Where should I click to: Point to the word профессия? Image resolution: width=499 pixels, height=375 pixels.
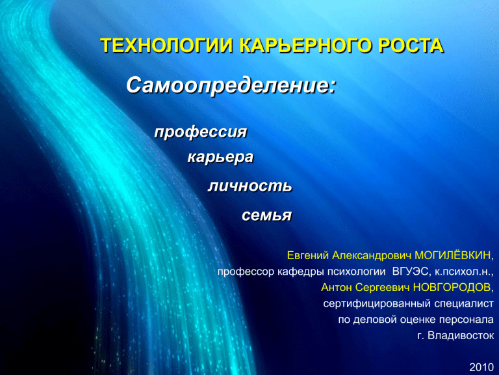[x=201, y=132]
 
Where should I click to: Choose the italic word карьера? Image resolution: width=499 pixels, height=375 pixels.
[x=220, y=157]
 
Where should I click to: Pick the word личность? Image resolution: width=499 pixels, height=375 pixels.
[x=250, y=186]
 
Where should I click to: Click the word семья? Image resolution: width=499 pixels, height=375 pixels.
[x=266, y=215]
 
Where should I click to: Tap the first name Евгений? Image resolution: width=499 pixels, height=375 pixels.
[x=308, y=255]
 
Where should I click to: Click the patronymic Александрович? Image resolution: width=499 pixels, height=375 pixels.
[x=372, y=255]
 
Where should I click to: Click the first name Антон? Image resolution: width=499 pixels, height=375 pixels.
[x=337, y=287]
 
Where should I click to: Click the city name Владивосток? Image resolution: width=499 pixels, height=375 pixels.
[x=461, y=335]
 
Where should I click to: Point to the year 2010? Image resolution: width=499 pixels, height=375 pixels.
[x=481, y=367]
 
